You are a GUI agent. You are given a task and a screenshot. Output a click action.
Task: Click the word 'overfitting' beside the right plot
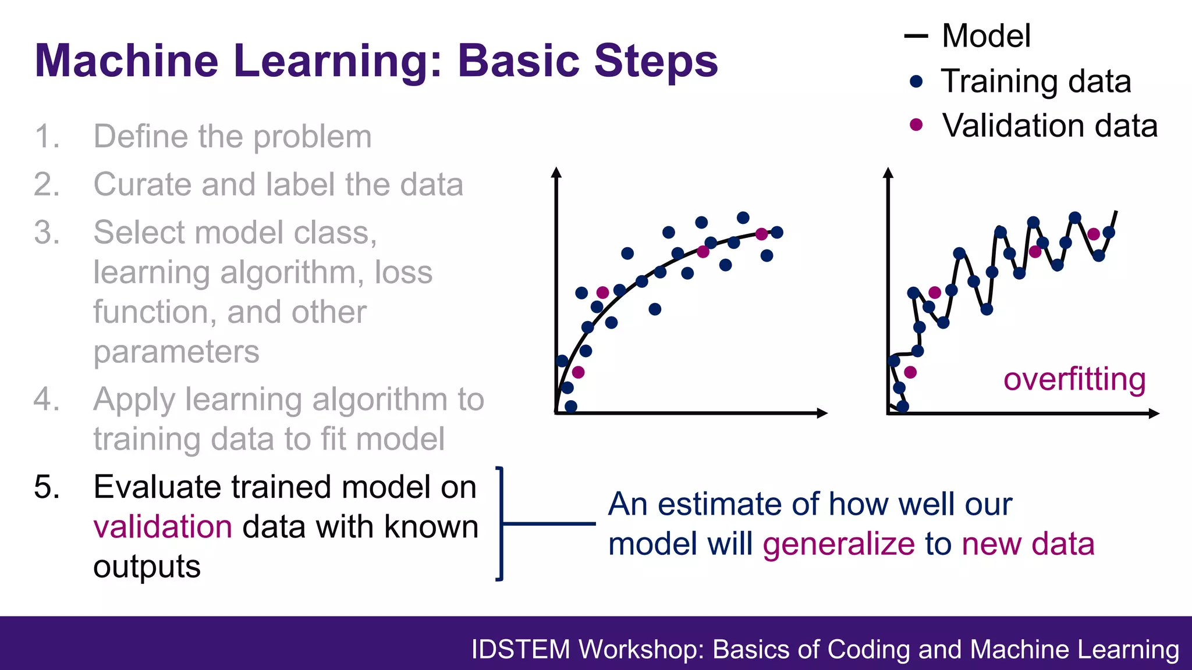tap(1074, 379)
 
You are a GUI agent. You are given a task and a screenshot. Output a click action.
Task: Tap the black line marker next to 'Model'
tap(916, 37)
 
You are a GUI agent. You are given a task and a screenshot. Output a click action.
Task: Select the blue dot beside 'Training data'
tap(916, 81)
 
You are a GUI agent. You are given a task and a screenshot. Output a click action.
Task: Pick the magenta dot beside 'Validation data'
tap(916, 125)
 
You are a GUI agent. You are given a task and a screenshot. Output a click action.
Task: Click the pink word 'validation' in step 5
tap(163, 527)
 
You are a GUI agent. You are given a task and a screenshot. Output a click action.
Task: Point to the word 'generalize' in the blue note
tap(839, 544)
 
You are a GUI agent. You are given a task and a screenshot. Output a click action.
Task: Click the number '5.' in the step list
tap(47, 487)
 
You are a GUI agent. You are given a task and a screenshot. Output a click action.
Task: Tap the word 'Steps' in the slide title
tap(655, 60)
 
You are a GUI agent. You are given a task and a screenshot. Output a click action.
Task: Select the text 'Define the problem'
tap(232, 137)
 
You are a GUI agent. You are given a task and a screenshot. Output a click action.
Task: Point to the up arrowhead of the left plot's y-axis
tap(556, 172)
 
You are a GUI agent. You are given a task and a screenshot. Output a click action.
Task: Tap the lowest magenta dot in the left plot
tap(578, 372)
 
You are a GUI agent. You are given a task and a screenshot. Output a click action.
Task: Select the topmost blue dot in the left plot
tap(743, 218)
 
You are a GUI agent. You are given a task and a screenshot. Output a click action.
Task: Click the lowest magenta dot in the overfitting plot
tap(910, 372)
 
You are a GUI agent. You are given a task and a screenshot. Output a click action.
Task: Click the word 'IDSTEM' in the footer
tap(520, 650)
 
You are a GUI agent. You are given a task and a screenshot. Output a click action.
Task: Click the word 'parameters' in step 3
tap(176, 352)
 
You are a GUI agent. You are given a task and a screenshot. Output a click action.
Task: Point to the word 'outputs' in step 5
tap(147, 567)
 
